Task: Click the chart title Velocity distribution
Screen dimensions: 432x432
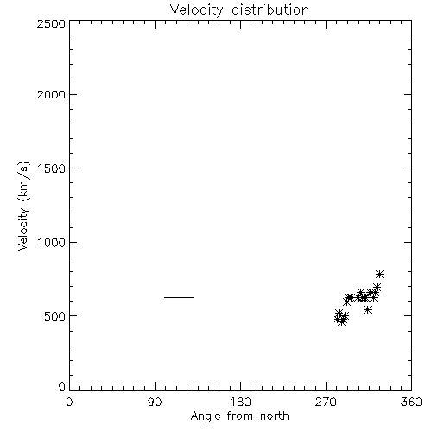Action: point(239,10)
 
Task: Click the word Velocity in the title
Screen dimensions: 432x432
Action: point(196,10)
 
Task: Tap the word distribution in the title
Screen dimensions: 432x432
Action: point(270,10)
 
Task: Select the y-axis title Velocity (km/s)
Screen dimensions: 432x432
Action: point(23,206)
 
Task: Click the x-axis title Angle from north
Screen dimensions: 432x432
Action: point(240,416)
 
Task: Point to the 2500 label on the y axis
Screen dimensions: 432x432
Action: point(51,23)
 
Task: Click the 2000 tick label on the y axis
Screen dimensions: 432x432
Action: point(51,94)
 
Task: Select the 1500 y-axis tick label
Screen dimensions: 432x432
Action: point(52,168)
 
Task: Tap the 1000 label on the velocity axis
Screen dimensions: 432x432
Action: point(52,243)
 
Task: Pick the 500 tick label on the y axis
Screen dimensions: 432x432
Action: point(55,316)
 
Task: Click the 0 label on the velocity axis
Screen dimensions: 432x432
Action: point(62,386)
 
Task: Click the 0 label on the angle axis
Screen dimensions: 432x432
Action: point(69,402)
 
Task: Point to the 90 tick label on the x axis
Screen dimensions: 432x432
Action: point(155,402)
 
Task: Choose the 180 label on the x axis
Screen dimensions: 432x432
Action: point(240,402)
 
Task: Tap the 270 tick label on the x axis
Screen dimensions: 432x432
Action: point(326,402)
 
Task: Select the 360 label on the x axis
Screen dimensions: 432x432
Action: point(411,402)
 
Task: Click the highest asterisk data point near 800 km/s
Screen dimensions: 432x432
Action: point(379,274)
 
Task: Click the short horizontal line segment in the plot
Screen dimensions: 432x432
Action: point(179,297)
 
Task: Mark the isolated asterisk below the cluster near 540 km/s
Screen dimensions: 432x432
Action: point(367,310)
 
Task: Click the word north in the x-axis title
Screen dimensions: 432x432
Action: point(275,416)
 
